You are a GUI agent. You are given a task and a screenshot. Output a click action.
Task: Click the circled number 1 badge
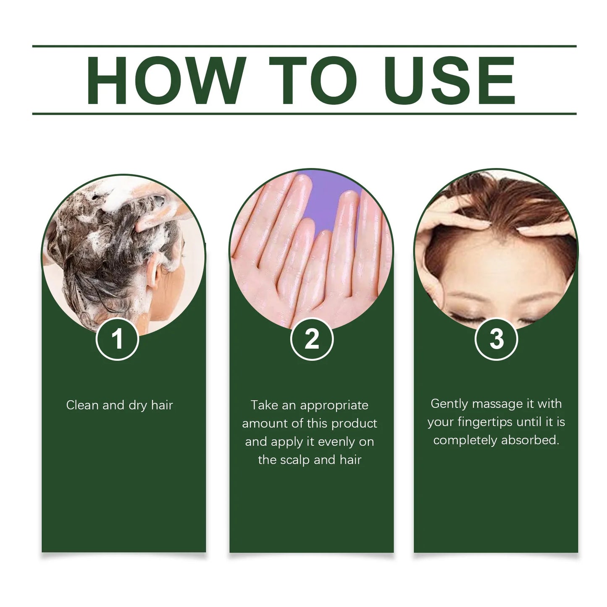pyautogui.click(x=117, y=339)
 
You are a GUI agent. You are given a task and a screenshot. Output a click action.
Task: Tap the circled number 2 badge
pyautogui.click(x=312, y=339)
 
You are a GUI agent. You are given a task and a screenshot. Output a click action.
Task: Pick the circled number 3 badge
pyautogui.click(x=496, y=339)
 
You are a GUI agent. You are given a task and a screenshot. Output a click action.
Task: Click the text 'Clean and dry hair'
pyautogui.click(x=119, y=405)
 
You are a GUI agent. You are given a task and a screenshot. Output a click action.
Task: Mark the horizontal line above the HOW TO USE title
pyautogui.click(x=304, y=46)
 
